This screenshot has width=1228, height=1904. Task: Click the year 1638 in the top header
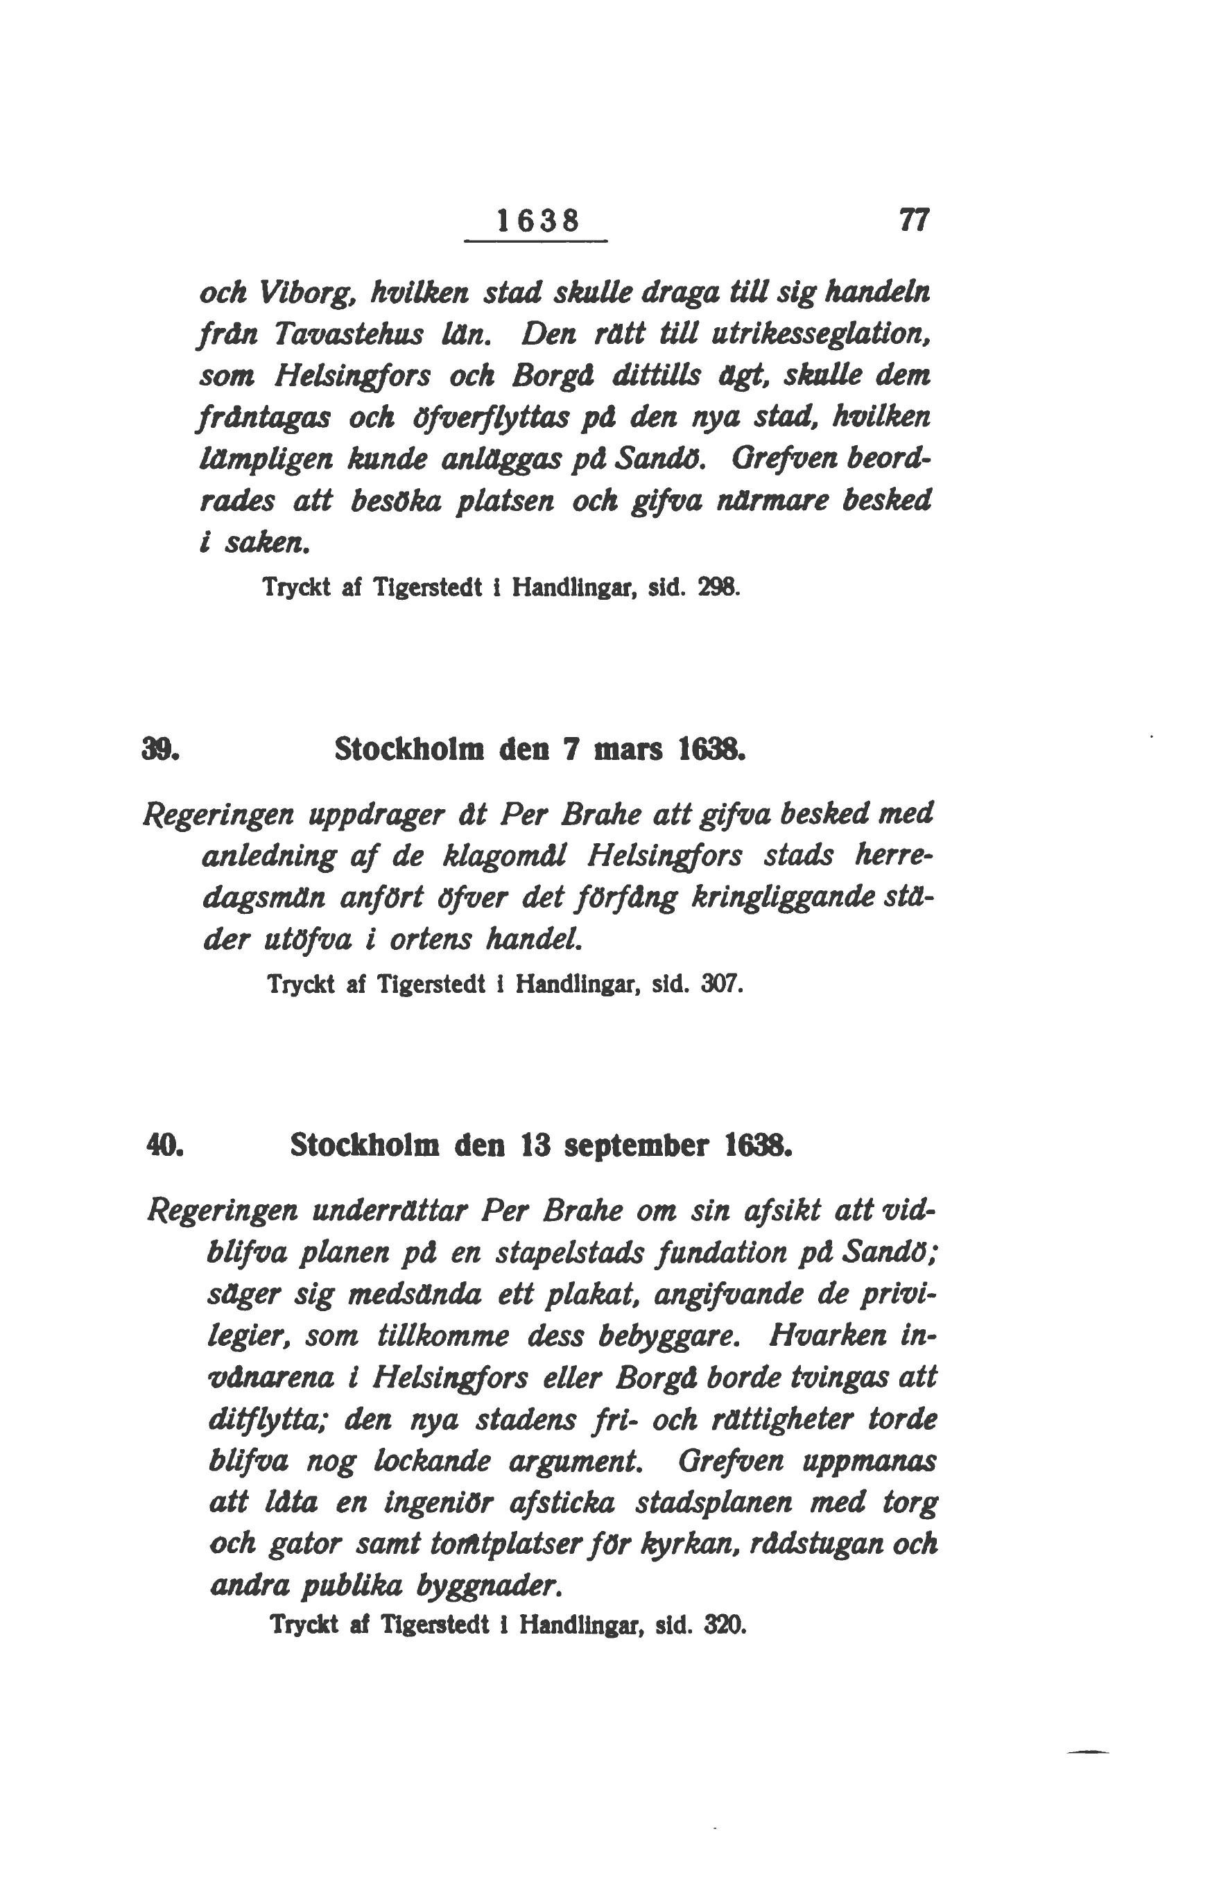[537, 220]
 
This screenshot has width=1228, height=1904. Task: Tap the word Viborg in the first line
[304, 293]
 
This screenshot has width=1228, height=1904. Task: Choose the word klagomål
[505, 857]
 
